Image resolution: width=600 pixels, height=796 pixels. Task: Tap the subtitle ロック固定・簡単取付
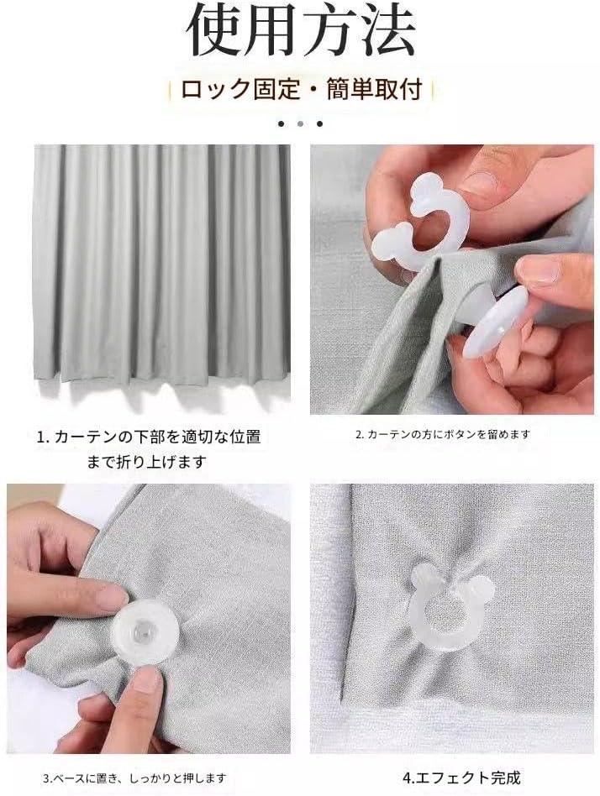pyautogui.click(x=302, y=90)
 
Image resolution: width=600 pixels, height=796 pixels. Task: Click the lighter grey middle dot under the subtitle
pyautogui.click(x=300, y=123)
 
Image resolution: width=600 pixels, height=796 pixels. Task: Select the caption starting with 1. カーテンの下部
pyautogui.click(x=148, y=449)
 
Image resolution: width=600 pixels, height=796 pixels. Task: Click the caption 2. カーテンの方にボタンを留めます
pyautogui.click(x=443, y=434)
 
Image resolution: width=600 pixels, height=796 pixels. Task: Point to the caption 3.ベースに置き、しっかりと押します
pyautogui.click(x=134, y=778)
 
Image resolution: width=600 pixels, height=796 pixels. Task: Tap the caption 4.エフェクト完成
pyautogui.click(x=461, y=778)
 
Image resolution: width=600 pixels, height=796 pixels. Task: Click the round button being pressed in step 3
pyautogui.click(x=145, y=632)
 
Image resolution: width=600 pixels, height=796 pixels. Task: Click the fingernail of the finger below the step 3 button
pyautogui.click(x=148, y=678)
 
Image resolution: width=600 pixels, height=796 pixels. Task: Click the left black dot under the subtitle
pyautogui.click(x=282, y=123)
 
